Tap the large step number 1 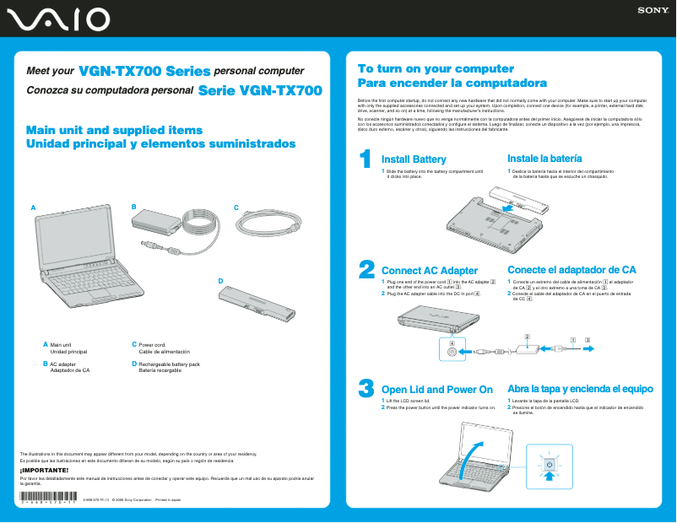click(366, 159)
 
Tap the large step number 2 click(366, 269)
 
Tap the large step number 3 click(366, 388)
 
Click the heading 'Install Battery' click(414, 159)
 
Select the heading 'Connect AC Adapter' click(430, 270)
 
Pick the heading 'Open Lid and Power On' click(437, 390)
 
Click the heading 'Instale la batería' click(544, 159)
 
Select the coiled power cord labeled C click(268, 226)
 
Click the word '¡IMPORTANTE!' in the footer click(38, 469)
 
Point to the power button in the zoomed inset click(549, 465)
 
